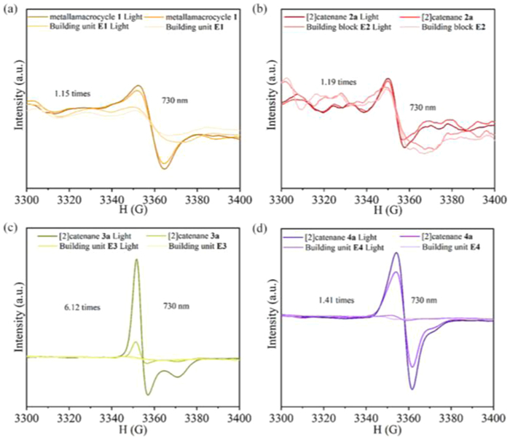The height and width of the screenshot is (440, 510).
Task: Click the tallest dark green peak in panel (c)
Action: pyautogui.click(x=136, y=261)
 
